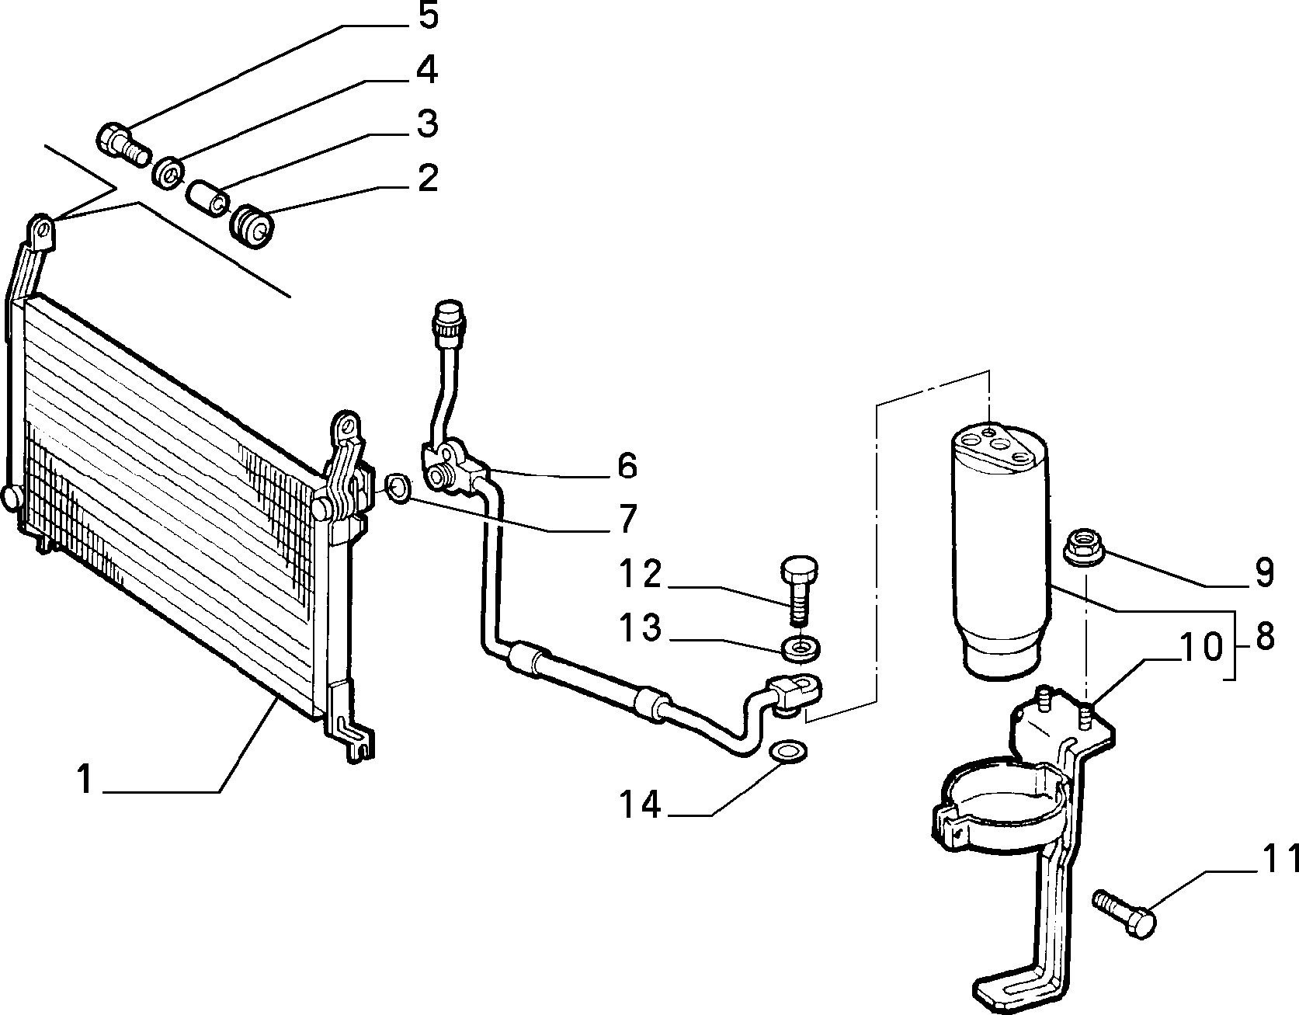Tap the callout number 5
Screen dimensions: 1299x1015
pos(428,16)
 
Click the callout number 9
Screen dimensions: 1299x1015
pos(1264,572)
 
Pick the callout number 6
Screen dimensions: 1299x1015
pos(627,465)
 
